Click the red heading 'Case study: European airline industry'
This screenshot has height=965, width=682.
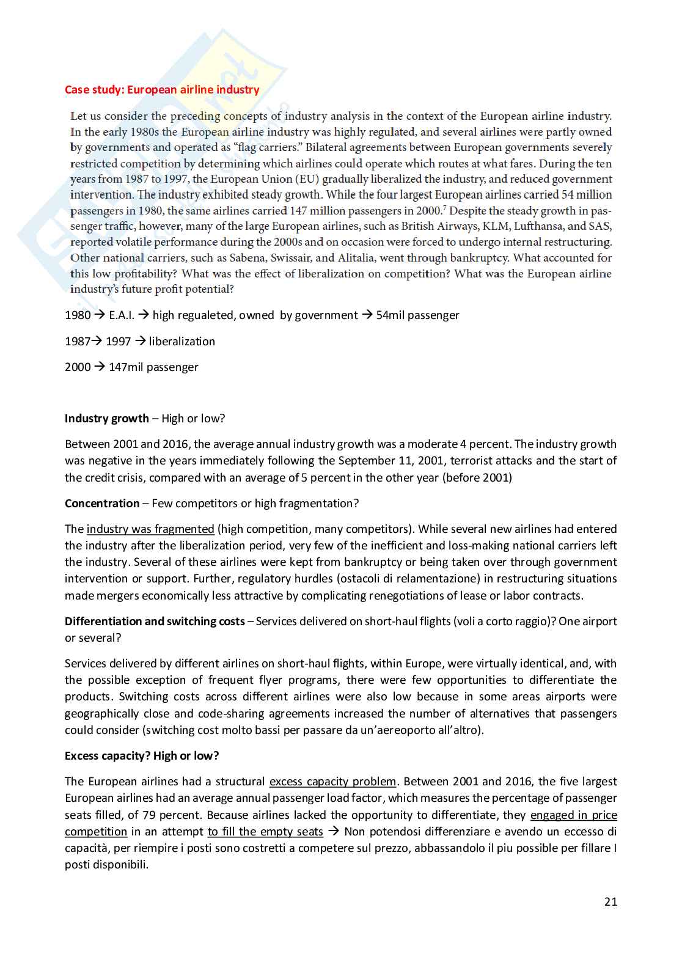(x=162, y=90)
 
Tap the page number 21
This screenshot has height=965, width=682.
(x=610, y=901)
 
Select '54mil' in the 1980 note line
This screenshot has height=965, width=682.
(x=390, y=315)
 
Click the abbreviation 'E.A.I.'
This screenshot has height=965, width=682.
(x=122, y=315)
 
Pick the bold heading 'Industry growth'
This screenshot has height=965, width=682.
(x=106, y=419)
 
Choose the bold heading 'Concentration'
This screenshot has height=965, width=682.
(x=102, y=504)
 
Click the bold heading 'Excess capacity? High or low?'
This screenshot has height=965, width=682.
(x=142, y=756)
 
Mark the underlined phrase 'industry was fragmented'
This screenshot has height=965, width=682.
(x=150, y=529)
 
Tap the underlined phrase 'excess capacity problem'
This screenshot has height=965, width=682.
(x=332, y=782)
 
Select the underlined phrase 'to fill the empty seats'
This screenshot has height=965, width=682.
(x=265, y=832)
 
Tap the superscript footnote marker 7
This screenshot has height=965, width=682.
(x=444, y=208)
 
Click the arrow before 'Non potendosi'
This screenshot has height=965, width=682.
(x=334, y=831)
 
